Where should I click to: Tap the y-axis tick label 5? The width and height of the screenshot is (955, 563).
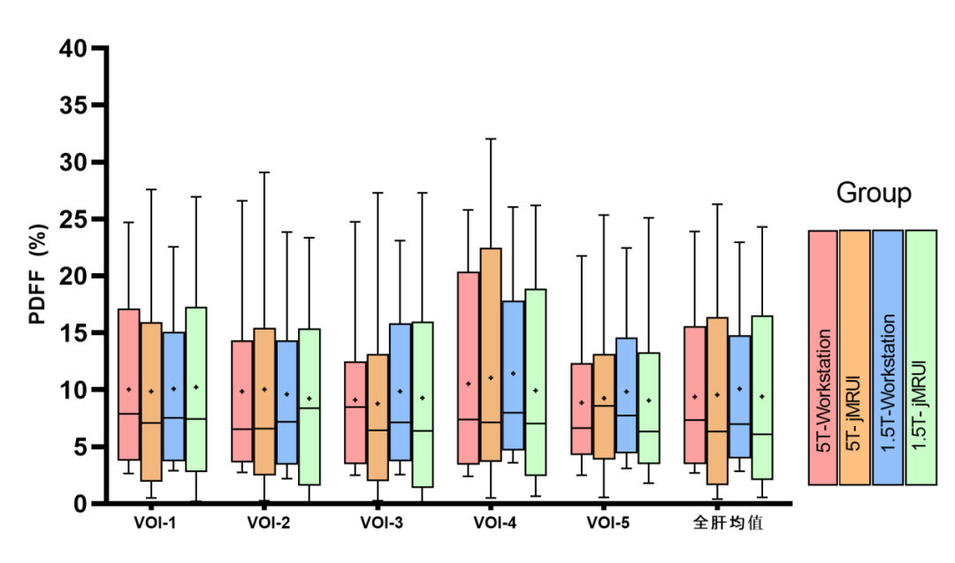83,446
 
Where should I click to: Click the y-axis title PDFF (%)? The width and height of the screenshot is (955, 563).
36,276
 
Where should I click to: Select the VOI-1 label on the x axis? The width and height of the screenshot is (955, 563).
156,522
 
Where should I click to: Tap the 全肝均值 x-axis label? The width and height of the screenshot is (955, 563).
728,522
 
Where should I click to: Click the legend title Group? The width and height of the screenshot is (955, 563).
873,194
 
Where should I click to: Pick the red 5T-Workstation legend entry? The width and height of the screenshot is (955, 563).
823,357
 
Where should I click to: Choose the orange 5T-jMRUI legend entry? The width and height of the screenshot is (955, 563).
855,357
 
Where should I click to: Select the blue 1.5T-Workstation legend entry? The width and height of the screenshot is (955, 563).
888,357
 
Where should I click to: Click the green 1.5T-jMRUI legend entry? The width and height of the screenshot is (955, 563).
921,357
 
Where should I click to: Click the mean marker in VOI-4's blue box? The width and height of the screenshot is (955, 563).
513,373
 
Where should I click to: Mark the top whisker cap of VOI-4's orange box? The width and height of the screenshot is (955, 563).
491,139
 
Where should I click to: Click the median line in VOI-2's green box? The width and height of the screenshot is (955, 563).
309,408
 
